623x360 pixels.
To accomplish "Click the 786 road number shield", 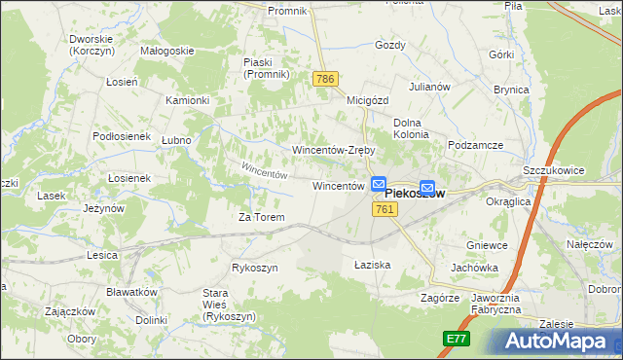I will (324, 78).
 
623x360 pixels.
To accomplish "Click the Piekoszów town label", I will (408, 194).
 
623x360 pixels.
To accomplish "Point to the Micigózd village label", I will (367, 99).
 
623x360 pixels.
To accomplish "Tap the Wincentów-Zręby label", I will (334, 151).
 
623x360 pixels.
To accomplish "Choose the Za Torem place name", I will (262, 217).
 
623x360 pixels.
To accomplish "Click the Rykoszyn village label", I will (255, 268).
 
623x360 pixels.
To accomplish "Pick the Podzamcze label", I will (476, 145).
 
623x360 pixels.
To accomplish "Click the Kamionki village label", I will (187, 100).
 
